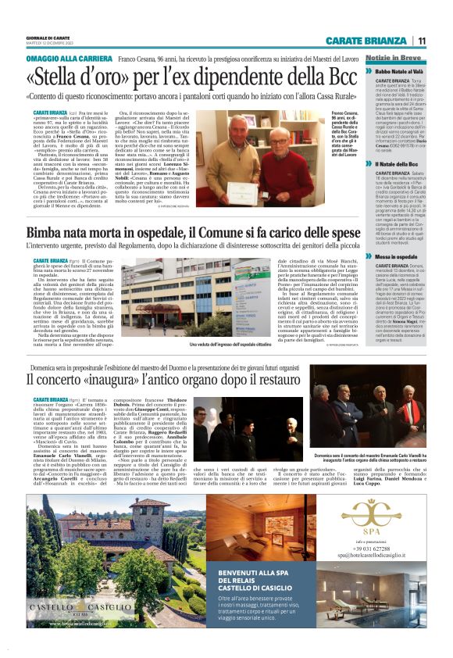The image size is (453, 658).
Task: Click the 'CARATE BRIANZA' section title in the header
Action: point(367,41)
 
